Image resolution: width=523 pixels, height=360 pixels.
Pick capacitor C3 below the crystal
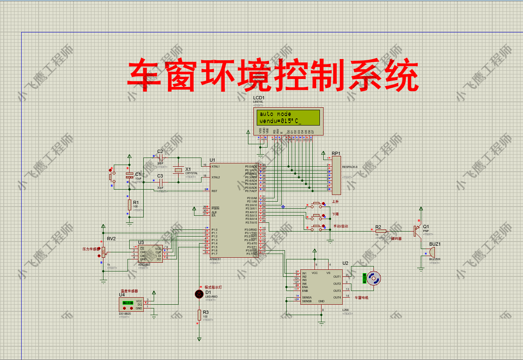pos(160,182)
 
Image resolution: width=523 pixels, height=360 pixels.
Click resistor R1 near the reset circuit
pos(130,205)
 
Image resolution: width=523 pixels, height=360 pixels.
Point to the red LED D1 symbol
pos(199,293)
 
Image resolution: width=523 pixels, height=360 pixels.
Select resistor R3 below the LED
pos(199,315)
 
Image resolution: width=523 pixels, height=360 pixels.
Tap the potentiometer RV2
pos(103,251)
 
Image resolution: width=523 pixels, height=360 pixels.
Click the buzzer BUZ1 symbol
pos(432,252)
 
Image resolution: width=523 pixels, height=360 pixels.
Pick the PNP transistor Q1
pos(417,231)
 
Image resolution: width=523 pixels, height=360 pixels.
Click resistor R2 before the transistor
pos(381,231)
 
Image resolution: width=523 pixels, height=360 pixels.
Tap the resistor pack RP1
pos(336,175)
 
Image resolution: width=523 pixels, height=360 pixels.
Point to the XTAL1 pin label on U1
pos(216,166)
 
